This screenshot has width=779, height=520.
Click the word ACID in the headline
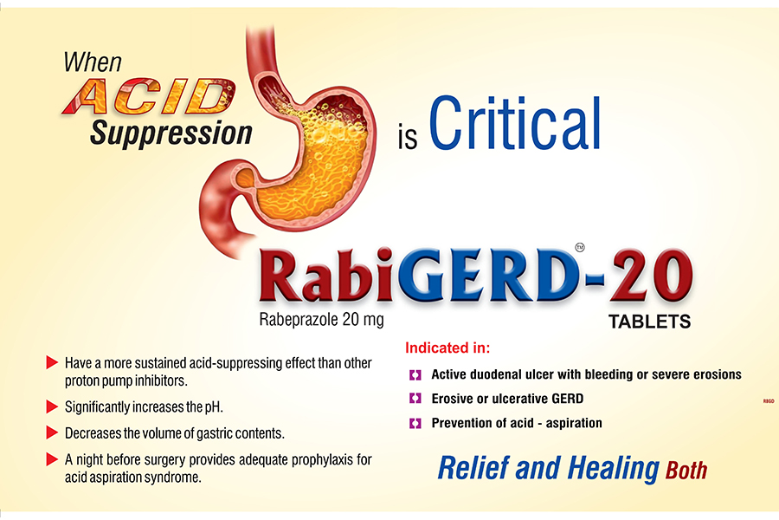tap(149, 96)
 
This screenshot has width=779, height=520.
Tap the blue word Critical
tap(514, 124)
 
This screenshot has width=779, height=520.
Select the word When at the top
tap(93, 62)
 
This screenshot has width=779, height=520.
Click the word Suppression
tap(171, 133)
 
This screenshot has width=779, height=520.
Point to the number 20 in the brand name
tap(650, 276)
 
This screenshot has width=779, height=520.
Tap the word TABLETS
tap(650, 322)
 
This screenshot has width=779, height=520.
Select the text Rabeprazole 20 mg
tap(321, 320)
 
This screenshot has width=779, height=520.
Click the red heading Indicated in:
tap(447, 348)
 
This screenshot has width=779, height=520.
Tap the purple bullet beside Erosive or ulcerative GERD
tap(415, 399)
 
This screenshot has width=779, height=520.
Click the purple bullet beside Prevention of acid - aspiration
tap(415, 424)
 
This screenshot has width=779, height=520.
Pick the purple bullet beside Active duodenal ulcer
tap(415, 374)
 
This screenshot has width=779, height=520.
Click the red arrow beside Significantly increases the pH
tap(52, 407)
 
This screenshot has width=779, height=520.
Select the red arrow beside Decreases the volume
tap(52, 432)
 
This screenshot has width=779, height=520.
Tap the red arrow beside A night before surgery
tap(52, 458)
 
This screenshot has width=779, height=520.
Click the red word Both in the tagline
tap(686, 470)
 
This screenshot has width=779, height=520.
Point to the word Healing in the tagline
tap(613, 469)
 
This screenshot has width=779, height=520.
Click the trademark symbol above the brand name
tap(580, 247)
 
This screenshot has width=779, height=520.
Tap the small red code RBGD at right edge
tap(769, 401)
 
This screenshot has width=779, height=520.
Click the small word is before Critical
tap(408, 138)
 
